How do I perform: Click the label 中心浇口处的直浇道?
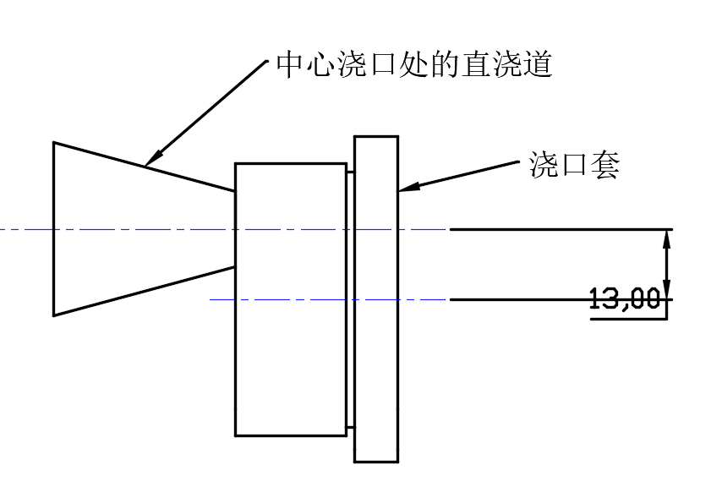click(x=414, y=65)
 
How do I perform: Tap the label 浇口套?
click(x=575, y=166)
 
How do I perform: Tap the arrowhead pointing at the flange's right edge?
click(x=407, y=189)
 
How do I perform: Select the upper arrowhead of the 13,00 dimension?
click(x=667, y=238)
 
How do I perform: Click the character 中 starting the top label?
click(x=289, y=65)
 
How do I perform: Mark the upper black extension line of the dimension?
click(x=558, y=229)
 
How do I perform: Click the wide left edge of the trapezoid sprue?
click(x=53, y=228)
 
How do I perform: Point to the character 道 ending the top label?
click(x=539, y=65)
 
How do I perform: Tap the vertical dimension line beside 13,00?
click(x=667, y=264)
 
